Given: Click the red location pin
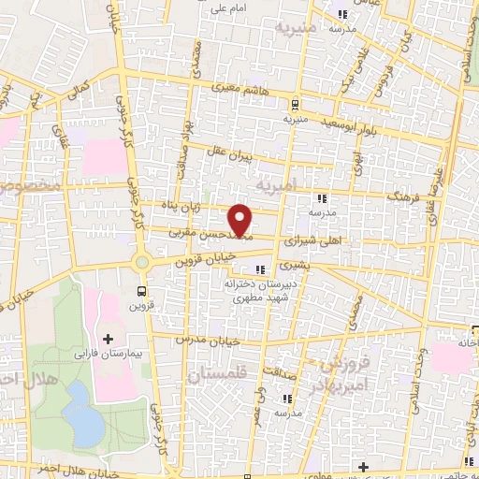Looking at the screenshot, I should pyautogui.click(x=240, y=220).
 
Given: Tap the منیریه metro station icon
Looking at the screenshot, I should pyautogui.click(x=296, y=105).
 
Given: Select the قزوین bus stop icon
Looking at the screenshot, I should pyautogui.click(x=141, y=291).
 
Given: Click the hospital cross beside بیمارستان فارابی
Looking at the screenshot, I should pyautogui.click(x=108, y=338).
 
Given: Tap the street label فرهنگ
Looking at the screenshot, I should pyautogui.click(x=405, y=199).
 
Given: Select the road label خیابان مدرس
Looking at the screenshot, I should pyautogui.click(x=202, y=339).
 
